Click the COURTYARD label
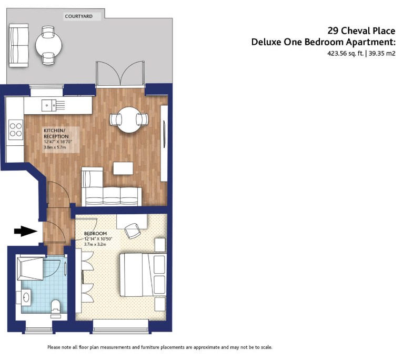click(x=79, y=16)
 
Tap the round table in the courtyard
click(x=49, y=45)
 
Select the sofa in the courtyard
click(x=19, y=45)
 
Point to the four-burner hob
click(x=16, y=129)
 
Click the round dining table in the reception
click(x=129, y=119)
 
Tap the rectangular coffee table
click(x=123, y=168)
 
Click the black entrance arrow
click(x=26, y=231)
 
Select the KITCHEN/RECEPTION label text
click(x=56, y=133)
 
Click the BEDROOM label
click(x=95, y=234)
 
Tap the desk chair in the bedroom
click(x=133, y=231)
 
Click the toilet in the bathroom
click(x=56, y=307)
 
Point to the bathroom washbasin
click(x=26, y=297)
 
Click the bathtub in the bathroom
click(x=29, y=268)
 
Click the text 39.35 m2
click(x=382, y=54)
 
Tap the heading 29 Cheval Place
click(x=361, y=31)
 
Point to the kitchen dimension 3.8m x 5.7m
click(x=55, y=147)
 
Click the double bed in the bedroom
click(x=143, y=275)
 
